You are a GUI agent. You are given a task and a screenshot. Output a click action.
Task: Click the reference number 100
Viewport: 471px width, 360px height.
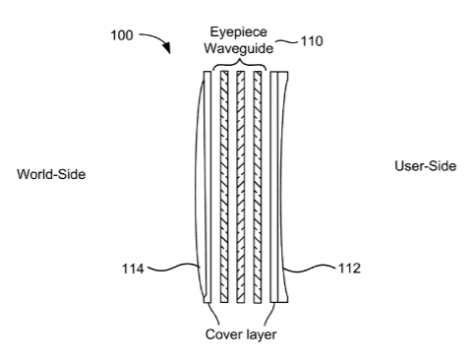click(x=122, y=35)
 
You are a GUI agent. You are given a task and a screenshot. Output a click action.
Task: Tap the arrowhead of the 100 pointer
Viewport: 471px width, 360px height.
click(x=167, y=48)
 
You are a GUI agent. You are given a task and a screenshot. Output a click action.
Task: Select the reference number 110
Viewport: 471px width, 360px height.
click(x=312, y=41)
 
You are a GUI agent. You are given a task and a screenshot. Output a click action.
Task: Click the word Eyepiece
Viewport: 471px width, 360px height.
click(x=239, y=32)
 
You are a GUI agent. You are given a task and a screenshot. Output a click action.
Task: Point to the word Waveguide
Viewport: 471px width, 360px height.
click(x=239, y=48)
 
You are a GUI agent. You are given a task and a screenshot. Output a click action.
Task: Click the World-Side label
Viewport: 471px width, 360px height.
click(x=51, y=174)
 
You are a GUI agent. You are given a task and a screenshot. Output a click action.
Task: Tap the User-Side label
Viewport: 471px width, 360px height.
click(x=426, y=166)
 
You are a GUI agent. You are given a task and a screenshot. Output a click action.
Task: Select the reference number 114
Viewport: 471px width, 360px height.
click(x=133, y=269)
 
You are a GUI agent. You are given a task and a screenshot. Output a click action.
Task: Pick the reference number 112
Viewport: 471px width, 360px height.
click(x=349, y=269)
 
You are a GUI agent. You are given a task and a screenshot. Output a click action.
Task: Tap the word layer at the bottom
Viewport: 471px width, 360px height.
click(x=260, y=335)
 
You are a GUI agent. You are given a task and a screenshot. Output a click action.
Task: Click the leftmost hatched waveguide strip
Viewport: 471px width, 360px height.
click(x=224, y=187)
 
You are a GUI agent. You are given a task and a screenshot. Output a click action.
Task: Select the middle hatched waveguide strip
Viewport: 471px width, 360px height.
click(x=241, y=187)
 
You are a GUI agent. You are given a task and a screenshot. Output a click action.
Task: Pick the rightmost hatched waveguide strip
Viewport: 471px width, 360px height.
click(x=258, y=187)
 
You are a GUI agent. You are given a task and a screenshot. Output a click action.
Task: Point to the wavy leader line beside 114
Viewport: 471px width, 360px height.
click(x=174, y=268)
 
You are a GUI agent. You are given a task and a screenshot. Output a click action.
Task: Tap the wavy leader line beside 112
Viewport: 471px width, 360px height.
click(x=310, y=269)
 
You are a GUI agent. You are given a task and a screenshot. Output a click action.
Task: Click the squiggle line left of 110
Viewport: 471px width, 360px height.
click(x=287, y=41)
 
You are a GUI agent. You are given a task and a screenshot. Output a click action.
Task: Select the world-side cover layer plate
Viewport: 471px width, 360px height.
click(x=207, y=187)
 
